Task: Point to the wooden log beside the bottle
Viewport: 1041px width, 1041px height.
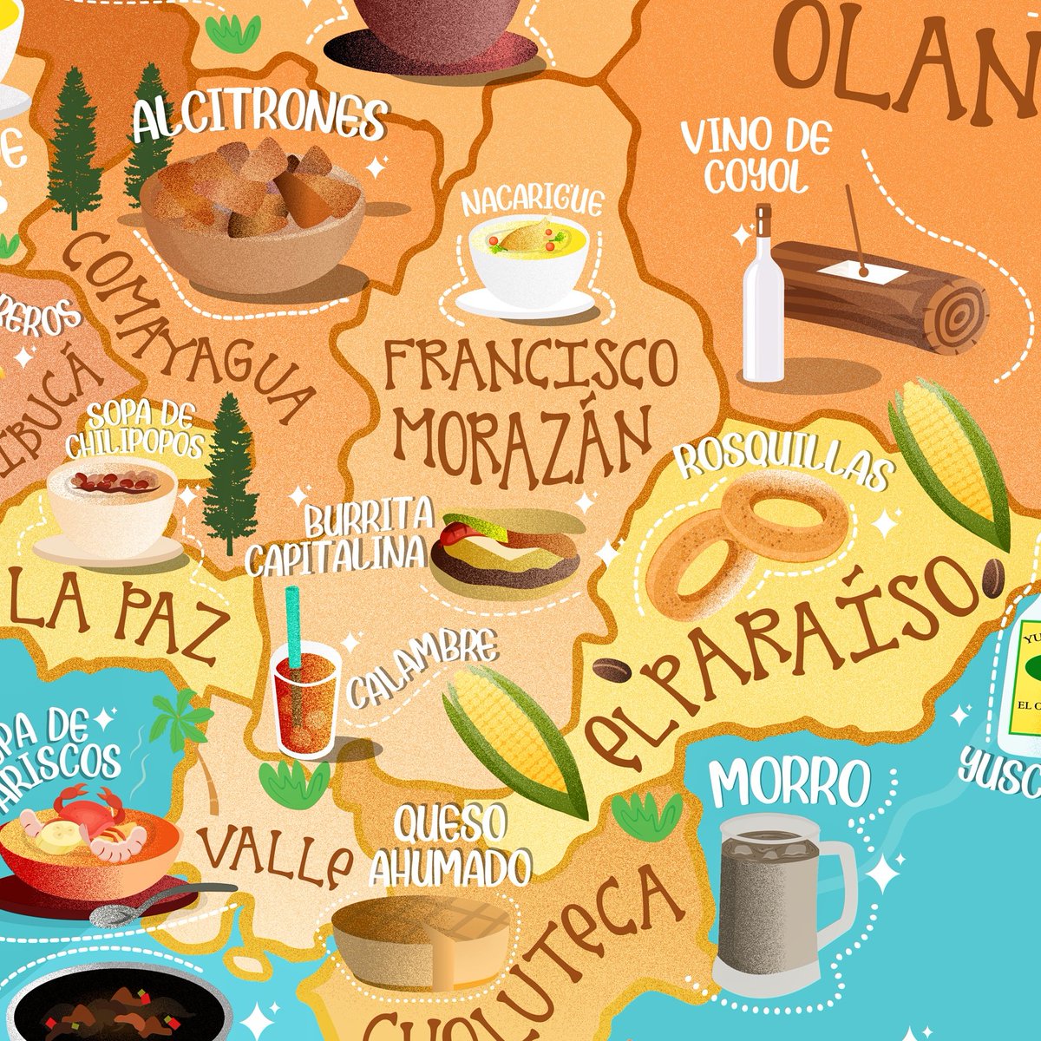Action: click(x=876, y=299)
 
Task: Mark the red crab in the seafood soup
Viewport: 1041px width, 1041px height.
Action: click(x=91, y=811)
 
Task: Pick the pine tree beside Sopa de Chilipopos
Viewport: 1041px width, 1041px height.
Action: click(x=229, y=473)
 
